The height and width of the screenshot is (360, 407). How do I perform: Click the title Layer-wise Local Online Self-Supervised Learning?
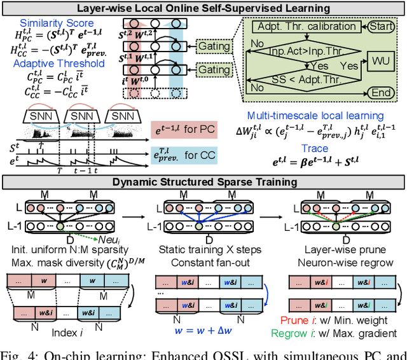[203, 8]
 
